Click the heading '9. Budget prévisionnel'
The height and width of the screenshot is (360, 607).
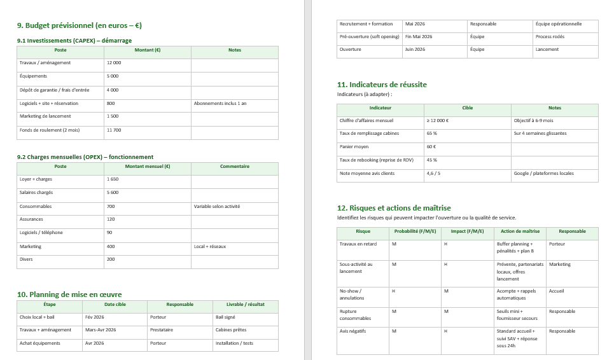tap(79, 26)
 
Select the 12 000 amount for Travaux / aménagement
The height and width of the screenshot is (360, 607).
tap(114, 63)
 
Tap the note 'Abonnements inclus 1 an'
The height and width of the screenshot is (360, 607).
tap(220, 103)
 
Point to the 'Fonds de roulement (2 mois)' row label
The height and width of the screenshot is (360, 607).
tap(50, 130)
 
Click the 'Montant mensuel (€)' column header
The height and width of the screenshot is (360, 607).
tap(147, 167)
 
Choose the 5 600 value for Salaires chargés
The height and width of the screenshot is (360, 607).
tap(113, 193)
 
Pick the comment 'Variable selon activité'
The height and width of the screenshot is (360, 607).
tap(217, 207)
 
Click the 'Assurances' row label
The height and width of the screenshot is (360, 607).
tap(31, 219)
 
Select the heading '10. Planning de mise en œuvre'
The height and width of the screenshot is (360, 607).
tap(69, 294)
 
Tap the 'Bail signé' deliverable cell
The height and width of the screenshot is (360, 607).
tap(225, 317)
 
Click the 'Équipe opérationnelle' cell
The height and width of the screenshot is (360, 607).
tap(558, 24)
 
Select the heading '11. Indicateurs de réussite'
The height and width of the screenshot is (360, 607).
tap(382, 85)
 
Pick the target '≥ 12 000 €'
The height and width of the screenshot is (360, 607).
tap(437, 121)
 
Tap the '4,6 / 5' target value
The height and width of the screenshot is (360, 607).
tap(434, 174)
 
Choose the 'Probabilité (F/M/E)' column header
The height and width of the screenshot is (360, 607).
tap(415, 232)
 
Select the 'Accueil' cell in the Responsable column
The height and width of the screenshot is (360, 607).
tap(556, 291)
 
